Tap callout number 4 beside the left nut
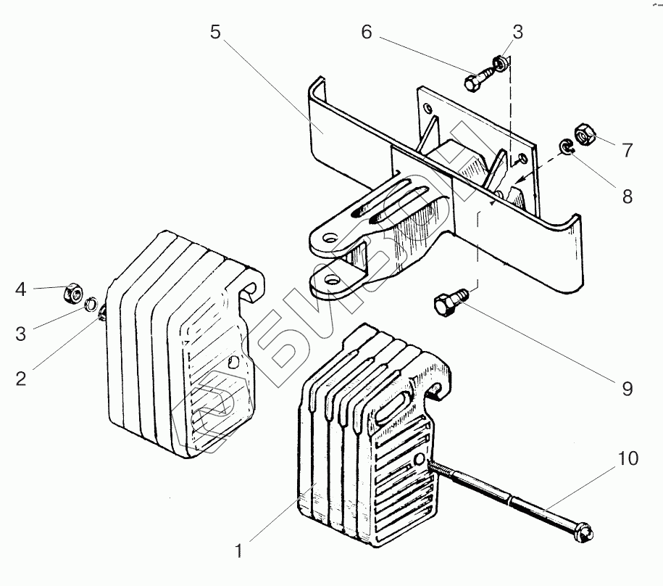(x=21, y=290)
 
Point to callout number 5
(x=215, y=32)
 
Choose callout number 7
(x=626, y=151)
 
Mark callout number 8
(x=626, y=196)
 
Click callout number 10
(x=627, y=458)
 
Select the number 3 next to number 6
(x=517, y=32)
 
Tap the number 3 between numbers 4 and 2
(x=21, y=334)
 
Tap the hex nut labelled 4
(x=72, y=293)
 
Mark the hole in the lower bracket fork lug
(x=332, y=279)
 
